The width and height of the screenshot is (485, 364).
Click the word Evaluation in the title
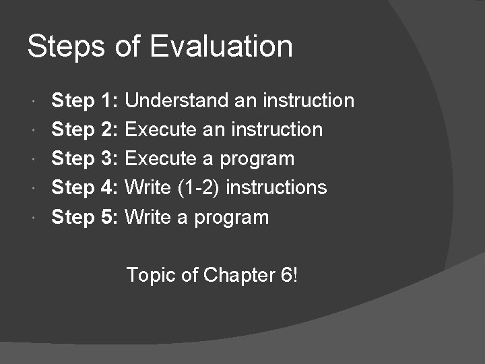tap(222, 47)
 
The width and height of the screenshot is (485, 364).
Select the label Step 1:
tap(86, 101)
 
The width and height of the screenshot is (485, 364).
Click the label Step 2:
tap(86, 129)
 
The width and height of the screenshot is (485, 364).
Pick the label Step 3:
tap(86, 159)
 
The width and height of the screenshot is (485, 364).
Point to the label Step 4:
tap(86, 187)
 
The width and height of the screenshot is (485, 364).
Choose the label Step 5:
tap(86, 217)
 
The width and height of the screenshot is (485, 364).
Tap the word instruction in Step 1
tap(309, 101)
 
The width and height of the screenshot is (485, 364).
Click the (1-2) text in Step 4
tap(200, 187)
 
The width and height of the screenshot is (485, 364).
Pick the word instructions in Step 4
tap(276, 187)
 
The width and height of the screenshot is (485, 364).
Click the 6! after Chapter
tap(286, 275)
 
